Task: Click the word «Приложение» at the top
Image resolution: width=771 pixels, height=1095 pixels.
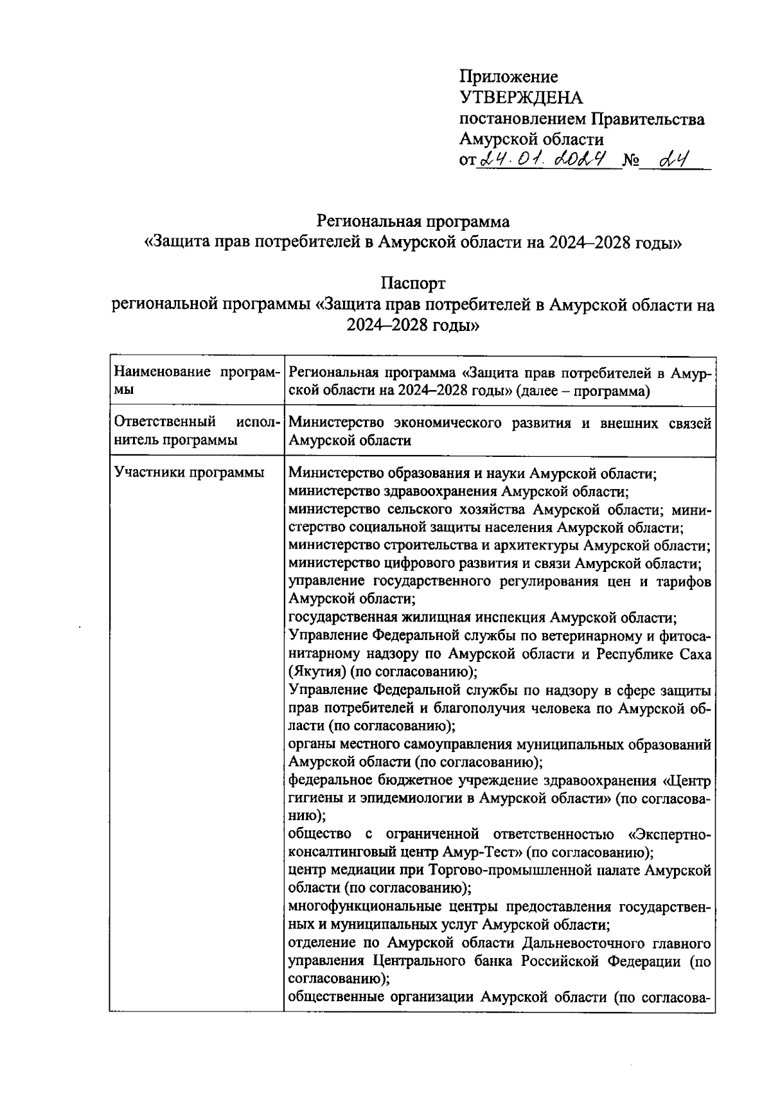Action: click(x=508, y=77)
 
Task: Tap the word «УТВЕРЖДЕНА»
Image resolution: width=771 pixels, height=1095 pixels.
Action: click(x=521, y=98)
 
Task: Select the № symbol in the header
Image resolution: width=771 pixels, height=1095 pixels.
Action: click(x=630, y=160)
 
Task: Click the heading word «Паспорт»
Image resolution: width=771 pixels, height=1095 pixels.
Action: click(x=412, y=283)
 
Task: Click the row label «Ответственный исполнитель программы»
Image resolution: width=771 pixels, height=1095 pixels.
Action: click(x=196, y=431)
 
